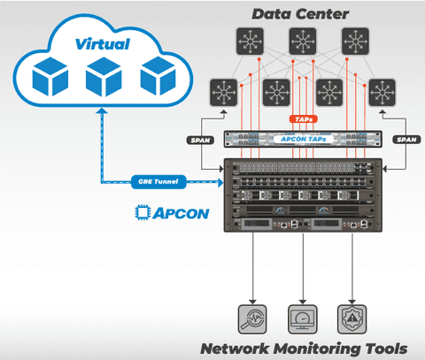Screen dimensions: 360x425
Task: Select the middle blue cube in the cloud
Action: coord(104,77)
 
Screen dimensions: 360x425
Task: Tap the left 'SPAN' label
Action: coord(200,140)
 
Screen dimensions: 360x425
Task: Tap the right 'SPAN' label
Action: coord(406,140)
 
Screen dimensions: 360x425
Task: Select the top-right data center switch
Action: coord(356,41)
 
